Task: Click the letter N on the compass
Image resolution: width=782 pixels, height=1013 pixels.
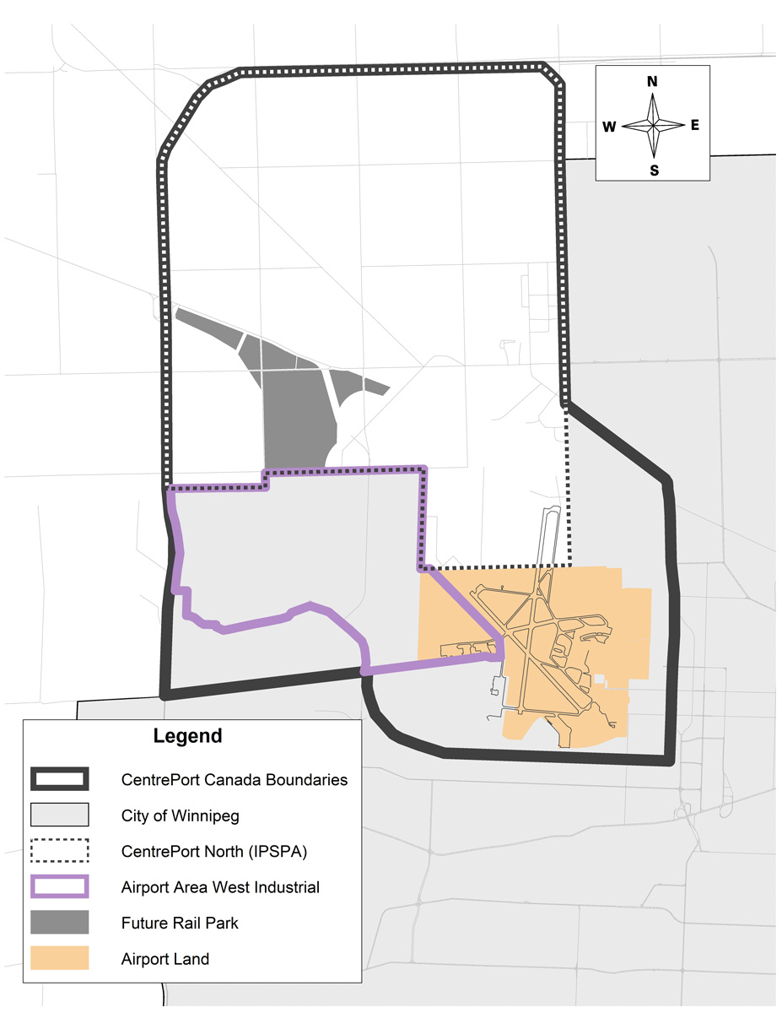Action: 652,82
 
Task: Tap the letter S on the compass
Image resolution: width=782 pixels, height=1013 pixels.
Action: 654,170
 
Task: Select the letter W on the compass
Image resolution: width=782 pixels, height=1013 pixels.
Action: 609,127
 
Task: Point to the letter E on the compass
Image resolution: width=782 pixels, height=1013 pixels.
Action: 695,125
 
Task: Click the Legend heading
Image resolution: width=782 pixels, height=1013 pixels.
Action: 187,735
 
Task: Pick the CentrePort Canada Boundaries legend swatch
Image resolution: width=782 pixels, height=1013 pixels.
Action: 60,779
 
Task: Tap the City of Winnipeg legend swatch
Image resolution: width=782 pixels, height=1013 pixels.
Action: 60,815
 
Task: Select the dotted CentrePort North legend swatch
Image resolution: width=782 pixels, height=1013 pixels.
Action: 60,851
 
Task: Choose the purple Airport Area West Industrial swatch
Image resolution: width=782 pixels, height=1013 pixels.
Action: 60,886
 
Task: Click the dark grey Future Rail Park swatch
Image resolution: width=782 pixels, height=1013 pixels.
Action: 60,923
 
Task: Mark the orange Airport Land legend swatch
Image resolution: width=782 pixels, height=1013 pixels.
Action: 60,958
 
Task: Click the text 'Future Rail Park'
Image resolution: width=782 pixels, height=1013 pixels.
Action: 180,923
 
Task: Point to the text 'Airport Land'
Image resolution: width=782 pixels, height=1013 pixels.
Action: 164,959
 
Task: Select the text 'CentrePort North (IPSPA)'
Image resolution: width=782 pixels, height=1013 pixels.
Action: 213,851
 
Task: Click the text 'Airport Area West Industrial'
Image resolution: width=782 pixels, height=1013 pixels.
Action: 220,887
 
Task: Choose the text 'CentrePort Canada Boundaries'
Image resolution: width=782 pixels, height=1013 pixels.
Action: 234,780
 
